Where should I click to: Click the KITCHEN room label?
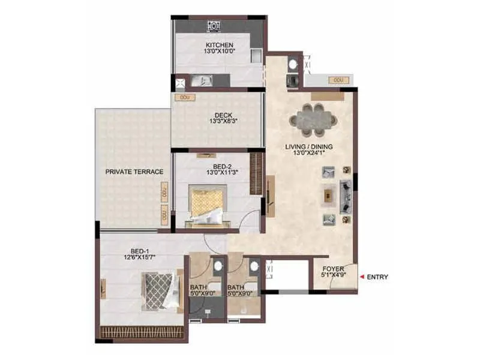[x=219, y=45]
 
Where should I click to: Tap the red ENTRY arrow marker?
[x=362, y=277]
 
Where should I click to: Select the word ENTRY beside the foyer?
[x=377, y=277]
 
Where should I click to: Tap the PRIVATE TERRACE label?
[x=134, y=172]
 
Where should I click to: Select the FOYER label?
[x=333, y=269]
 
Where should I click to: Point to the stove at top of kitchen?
[x=213, y=26]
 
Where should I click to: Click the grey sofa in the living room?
[x=347, y=196]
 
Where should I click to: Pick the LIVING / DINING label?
[x=309, y=146]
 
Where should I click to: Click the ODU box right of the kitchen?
[x=338, y=79]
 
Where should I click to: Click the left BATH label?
[x=198, y=287]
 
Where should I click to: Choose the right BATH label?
[x=236, y=287]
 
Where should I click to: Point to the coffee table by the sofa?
[x=327, y=194]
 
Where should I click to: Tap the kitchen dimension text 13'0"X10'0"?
[x=219, y=52]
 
